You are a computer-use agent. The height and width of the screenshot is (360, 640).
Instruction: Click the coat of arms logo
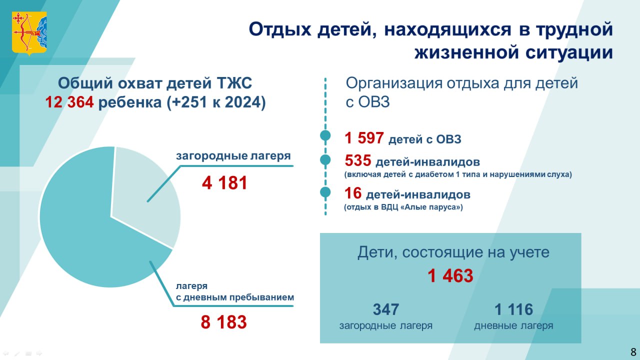coord(29,33)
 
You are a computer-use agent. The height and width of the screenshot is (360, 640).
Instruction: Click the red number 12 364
coord(69,102)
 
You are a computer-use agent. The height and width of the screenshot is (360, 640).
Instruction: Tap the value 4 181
coord(224,183)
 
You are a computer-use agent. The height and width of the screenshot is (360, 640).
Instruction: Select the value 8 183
coord(223,322)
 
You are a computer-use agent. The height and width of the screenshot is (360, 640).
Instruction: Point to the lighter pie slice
coord(143,194)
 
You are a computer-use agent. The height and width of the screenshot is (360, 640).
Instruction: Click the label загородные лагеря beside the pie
coord(233,156)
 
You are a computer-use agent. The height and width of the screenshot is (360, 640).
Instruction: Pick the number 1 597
coord(364,138)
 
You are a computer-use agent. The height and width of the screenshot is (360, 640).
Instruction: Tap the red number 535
coord(358,160)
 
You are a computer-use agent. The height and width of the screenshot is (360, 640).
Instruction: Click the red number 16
coord(353,193)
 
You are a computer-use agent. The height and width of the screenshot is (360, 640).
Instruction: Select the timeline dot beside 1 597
coord(325,135)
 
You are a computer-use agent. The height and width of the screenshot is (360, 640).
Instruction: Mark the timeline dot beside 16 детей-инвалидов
coord(325,192)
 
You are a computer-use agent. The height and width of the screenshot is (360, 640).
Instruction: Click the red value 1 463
coord(450,275)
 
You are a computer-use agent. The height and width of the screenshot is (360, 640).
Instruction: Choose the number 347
coord(385,309)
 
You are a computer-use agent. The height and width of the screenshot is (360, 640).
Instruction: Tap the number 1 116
coord(513,309)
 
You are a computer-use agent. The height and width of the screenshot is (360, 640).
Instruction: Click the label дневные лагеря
coord(513,325)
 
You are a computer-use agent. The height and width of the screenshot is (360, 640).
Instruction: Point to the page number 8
coord(633,351)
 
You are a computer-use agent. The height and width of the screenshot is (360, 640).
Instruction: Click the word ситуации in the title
coord(569,52)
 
